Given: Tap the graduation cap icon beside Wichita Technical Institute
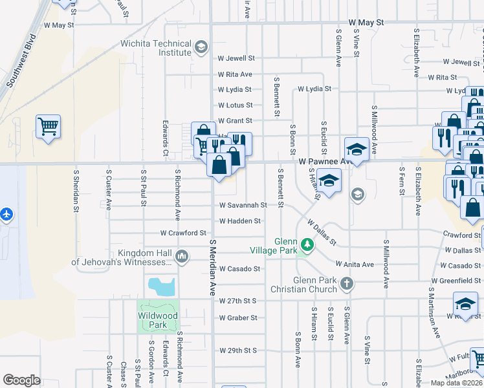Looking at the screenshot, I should pyautogui.click(x=201, y=46).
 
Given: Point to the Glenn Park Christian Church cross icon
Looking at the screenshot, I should pyautogui.click(x=347, y=283).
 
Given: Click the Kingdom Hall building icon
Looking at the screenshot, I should pyautogui.click(x=182, y=257).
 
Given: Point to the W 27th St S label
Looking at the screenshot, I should pyautogui.click(x=238, y=301).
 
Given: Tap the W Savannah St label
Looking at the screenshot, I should pyautogui.click(x=243, y=205).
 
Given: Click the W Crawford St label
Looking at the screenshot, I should pyautogui.click(x=183, y=233).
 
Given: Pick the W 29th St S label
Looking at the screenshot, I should pyautogui.click(x=238, y=350).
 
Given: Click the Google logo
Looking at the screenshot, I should pyautogui.click(x=21, y=380).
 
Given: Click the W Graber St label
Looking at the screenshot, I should pyautogui.click(x=238, y=318).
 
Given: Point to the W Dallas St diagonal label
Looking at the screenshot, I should pyautogui.click(x=321, y=232).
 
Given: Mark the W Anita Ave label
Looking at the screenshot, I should pyautogui.click(x=355, y=264).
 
